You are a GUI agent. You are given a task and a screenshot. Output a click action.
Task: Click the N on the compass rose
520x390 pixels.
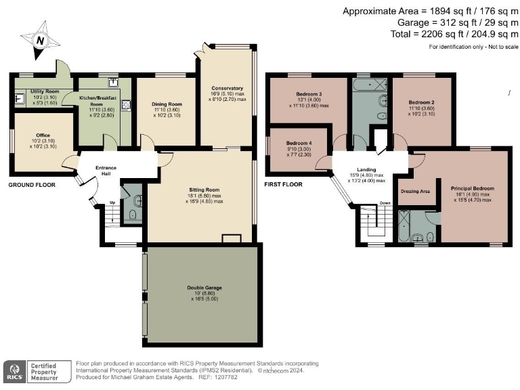coord(40,41)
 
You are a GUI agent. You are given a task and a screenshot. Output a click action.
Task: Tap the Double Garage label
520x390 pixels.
coord(204,288)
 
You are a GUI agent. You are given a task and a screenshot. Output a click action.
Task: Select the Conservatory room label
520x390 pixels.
coord(227,88)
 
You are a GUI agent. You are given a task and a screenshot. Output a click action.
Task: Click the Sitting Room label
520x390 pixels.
coord(204,190)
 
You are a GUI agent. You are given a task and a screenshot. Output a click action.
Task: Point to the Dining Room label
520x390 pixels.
coord(167,104)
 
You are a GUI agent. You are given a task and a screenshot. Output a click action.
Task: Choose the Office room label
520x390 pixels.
coord(43,135)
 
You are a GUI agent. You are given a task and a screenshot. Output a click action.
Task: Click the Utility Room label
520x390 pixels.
coord(45,91)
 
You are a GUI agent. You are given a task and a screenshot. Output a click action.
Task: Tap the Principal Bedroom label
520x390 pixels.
coord(473,188)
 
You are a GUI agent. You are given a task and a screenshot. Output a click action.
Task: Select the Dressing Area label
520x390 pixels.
coord(415,192)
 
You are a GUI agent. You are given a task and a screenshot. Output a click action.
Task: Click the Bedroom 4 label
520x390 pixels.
coord(299,144)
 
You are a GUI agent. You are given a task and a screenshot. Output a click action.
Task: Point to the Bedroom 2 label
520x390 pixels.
coord(422,102)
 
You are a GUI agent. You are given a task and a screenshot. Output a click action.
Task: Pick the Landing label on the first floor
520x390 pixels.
coord(366,169)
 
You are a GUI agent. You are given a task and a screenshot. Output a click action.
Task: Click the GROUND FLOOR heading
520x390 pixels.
coord(32,185)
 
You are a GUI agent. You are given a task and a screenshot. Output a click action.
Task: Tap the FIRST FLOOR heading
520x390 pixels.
coord(283,184)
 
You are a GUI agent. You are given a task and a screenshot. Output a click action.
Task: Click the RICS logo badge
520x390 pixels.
coord(15,372)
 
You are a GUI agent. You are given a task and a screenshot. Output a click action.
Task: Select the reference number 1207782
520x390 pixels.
coord(226,377)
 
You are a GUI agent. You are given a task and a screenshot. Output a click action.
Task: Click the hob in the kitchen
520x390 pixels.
coord(126,105)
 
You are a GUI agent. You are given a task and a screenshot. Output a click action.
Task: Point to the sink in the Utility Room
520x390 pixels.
coord(20,98)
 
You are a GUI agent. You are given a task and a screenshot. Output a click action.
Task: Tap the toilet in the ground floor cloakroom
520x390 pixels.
coord(133,215)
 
